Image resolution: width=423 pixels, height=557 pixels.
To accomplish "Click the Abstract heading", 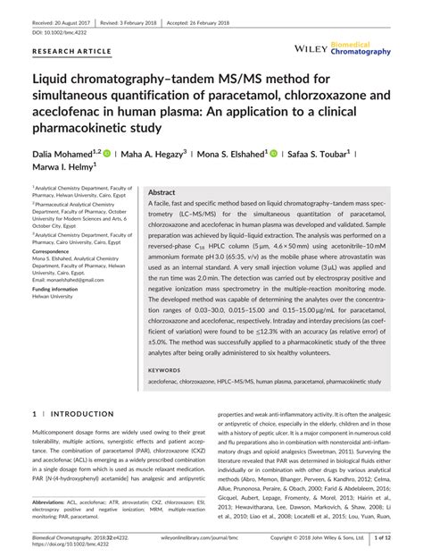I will point(162,193).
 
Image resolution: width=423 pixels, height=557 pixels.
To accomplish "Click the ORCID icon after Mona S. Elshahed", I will point(273,154).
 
